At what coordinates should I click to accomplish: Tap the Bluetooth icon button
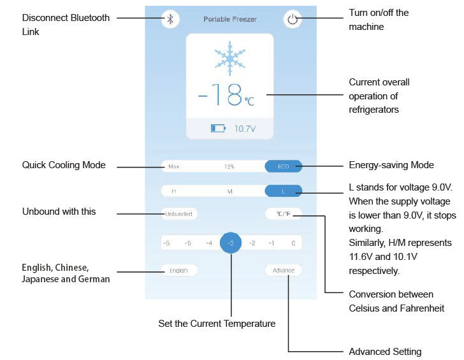(x=170, y=18)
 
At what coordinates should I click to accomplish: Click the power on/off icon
(x=292, y=18)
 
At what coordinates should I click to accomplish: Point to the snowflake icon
(x=229, y=58)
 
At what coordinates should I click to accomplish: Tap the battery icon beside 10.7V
(x=218, y=129)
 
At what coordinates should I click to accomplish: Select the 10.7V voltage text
(x=244, y=129)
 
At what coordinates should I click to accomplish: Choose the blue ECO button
(x=283, y=166)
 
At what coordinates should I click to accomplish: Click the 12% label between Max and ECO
(x=229, y=166)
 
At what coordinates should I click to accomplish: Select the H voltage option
(x=173, y=191)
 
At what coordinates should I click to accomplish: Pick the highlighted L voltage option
(x=284, y=191)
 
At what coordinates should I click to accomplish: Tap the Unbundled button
(x=179, y=214)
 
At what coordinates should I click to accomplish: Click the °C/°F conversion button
(x=284, y=214)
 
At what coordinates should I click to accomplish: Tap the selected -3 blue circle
(x=231, y=243)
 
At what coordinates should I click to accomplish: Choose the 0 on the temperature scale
(x=293, y=243)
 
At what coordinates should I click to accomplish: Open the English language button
(x=178, y=270)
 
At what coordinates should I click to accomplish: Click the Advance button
(x=284, y=270)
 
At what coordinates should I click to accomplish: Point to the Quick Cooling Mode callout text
(x=64, y=166)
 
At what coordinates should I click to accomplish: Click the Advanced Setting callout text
(x=385, y=352)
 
